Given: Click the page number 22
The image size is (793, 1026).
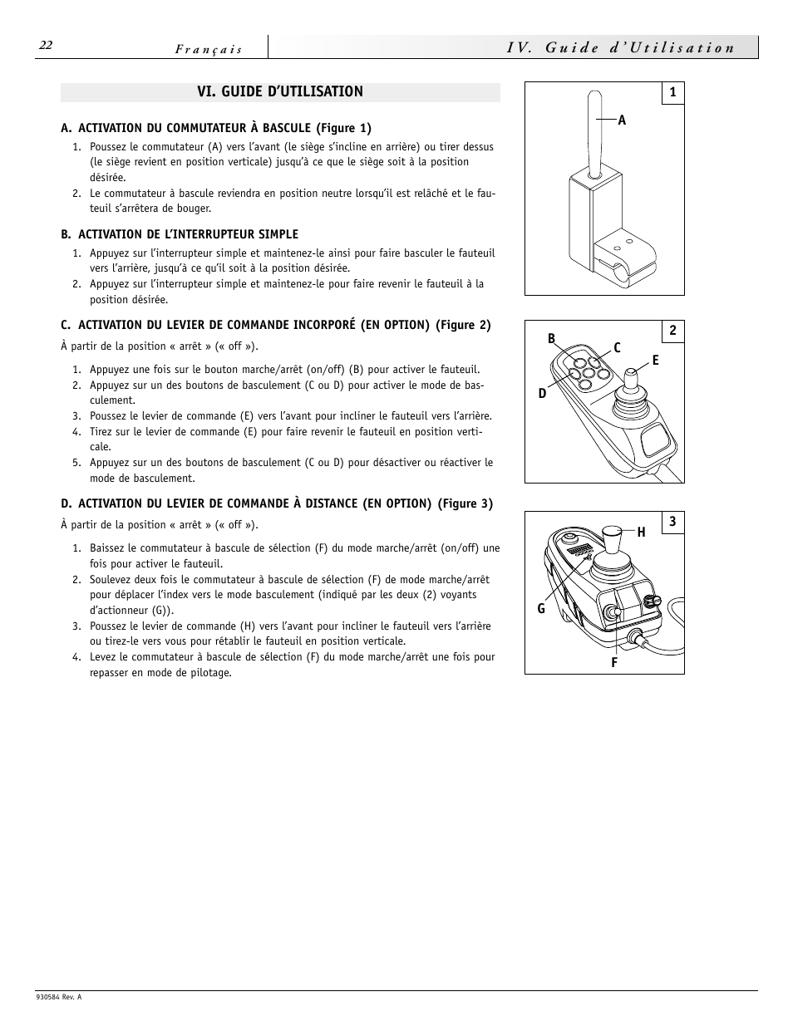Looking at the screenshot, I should point(46,46).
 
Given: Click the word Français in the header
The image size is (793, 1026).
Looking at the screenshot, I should point(209,49).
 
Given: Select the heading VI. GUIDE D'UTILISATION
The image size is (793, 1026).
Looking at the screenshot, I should point(280,92).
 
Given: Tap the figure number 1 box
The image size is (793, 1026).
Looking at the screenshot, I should point(672,93).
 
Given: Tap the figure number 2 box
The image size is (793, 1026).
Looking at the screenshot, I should point(672,331).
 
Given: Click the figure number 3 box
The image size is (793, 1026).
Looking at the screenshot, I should point(672,523).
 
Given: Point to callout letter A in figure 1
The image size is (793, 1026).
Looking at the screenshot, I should point(622,120).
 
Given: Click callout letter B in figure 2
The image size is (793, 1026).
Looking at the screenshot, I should point(551,338).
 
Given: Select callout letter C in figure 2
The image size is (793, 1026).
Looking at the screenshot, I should point(618,348).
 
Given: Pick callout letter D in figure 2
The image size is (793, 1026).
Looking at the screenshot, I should point(543,393).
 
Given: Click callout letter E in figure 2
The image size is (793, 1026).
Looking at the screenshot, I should point(655,361).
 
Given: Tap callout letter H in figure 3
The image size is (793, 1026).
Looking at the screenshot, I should point(641,533).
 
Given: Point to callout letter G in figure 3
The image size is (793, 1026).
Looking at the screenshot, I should point(541,609).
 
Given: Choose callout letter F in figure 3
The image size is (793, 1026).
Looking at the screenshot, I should point(614,663).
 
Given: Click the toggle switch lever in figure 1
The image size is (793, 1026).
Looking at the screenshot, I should point(594,133).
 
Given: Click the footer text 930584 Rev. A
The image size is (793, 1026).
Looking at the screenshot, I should point(59,997).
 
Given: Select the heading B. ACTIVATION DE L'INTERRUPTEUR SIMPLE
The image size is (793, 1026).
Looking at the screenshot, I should point(180,235).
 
